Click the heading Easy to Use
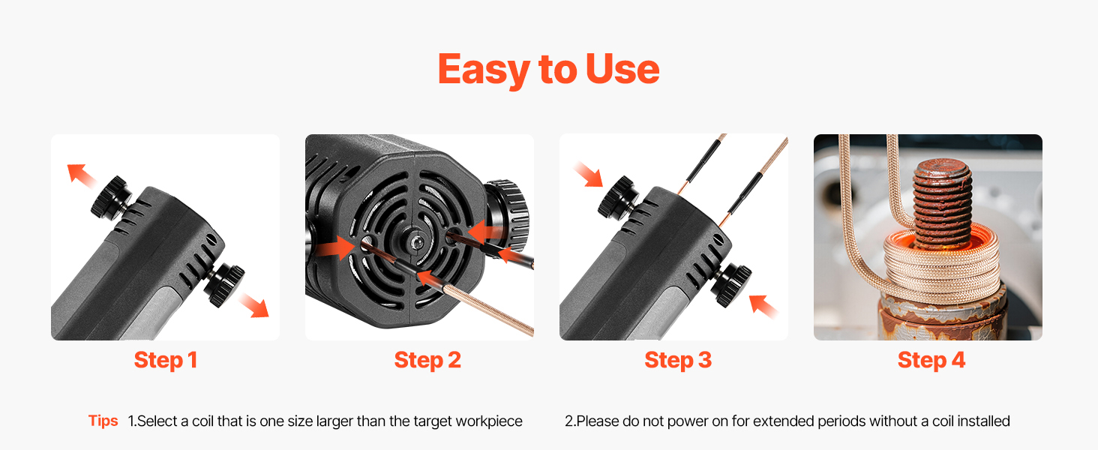(x=548, y=70)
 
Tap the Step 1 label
(x=166, y=360)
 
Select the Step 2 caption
(x=427, y=360)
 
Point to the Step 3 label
(x=678, y=360)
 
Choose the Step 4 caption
(x=931, y=360)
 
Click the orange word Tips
(x=103, y=421)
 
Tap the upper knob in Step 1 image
(x=111, y=197)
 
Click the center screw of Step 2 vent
(x=416, y=242)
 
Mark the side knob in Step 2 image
(x=508, y=216)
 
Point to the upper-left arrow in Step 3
(x=588, y=174)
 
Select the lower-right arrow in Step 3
(x=763, y=306)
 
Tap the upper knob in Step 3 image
(x=618, y=197)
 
